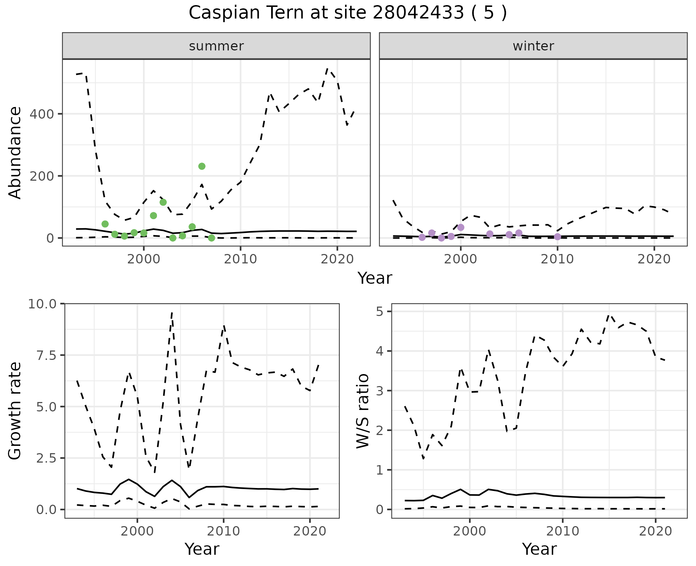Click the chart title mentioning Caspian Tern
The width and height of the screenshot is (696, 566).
(348, 13)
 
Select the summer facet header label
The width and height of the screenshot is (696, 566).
(216, 46)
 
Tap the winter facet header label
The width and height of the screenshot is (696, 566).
(533, 46)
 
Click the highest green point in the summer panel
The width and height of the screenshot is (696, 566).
(202, 166)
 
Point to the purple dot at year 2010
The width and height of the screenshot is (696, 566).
(558, 237)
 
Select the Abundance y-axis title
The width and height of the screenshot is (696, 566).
(15, 153)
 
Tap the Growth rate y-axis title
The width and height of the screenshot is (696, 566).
(15, 411)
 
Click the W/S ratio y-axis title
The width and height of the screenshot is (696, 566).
(363, 411)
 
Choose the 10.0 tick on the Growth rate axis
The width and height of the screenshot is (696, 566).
(42, 304)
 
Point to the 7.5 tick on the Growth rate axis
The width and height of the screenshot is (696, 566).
(47, 355)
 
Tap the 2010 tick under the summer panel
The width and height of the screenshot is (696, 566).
(240, 259)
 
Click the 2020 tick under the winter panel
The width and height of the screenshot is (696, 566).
(654, 259)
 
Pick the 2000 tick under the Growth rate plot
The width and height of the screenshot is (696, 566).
(137, 531)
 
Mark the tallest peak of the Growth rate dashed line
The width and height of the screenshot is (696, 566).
(172, 312)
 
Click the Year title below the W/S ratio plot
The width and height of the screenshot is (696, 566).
(539, 549)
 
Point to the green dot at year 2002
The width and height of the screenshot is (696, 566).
(163, 202)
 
